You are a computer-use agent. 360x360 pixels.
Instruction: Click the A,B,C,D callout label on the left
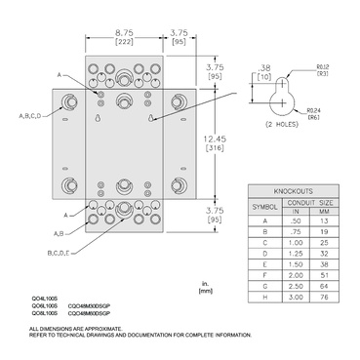pos(29,116)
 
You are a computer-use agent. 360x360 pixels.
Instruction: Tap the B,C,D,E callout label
pos(60,252)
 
